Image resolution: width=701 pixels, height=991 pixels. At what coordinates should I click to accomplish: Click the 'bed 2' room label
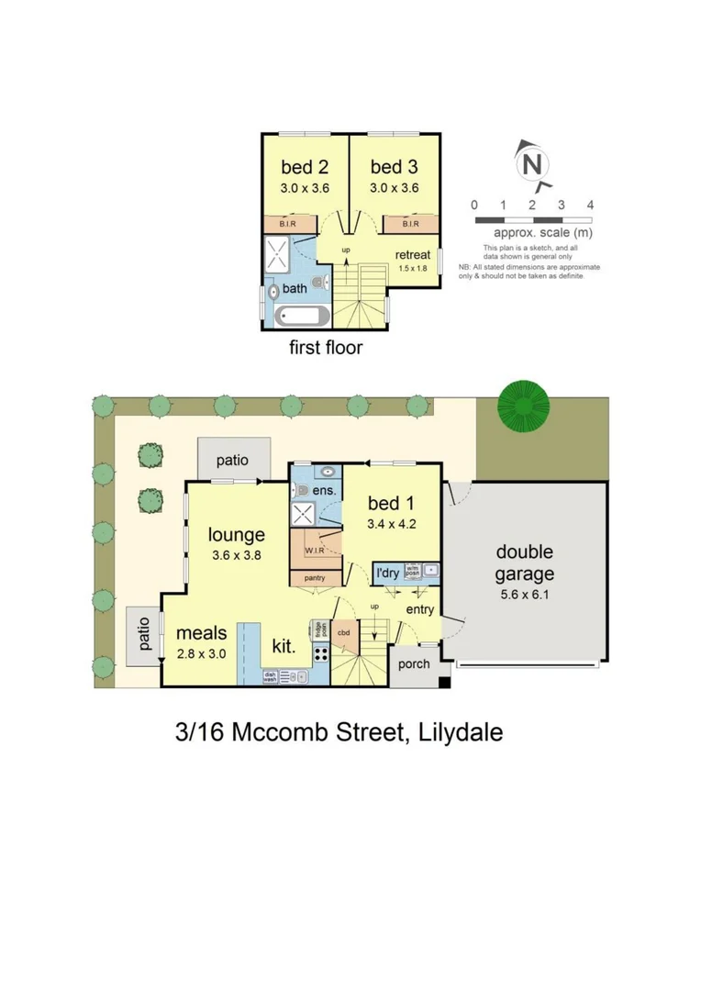304,167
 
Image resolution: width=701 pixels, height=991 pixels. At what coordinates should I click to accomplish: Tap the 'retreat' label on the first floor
413,254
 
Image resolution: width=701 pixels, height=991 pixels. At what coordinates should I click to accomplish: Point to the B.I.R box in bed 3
408,223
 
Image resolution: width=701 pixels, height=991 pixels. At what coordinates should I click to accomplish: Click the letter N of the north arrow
531,165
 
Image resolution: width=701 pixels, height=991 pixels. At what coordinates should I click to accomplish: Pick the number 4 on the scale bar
590,205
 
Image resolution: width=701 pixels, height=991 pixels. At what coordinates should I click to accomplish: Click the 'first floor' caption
326,348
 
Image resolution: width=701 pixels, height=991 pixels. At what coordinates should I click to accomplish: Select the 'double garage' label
525,562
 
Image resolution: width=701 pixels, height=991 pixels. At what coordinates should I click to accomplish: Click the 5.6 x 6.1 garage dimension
525,594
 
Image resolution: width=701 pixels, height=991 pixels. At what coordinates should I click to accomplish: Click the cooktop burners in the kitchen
321,655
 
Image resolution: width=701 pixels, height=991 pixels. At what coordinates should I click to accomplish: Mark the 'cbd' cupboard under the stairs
343,632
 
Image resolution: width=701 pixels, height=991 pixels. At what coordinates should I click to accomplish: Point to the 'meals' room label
202,633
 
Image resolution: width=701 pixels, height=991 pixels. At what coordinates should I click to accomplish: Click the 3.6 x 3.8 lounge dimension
236,555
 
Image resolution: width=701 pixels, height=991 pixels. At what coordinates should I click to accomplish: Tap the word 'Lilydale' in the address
460,732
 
